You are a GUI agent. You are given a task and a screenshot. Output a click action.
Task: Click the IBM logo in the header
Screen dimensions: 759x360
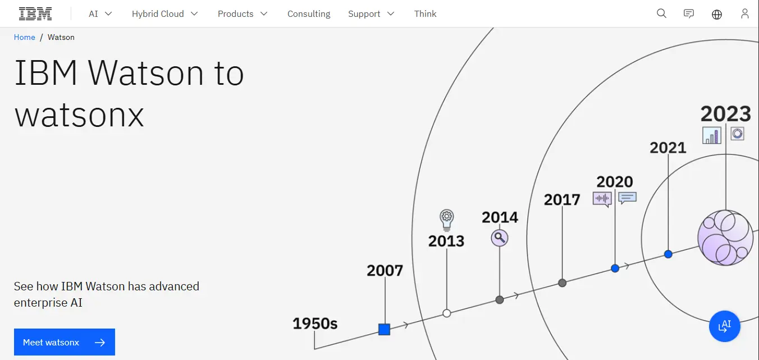coord(35,14)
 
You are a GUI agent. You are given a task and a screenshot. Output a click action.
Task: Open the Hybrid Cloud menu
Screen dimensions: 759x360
coord(164,14)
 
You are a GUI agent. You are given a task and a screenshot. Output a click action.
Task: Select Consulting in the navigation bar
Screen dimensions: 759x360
coord(309,14)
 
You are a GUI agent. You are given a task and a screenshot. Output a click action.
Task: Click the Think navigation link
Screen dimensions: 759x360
coord(425,14)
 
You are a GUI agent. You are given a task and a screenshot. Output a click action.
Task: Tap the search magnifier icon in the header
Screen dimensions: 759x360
coord(661,13)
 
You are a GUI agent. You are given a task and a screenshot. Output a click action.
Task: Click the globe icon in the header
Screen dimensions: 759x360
coord(717,14)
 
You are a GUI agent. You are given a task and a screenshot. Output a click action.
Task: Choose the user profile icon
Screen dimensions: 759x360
coord(745,14)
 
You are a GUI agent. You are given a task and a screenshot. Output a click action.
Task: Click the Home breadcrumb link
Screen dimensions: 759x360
coord(24,37)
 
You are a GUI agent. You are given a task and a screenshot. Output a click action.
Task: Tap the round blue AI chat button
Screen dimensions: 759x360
coord(724,326)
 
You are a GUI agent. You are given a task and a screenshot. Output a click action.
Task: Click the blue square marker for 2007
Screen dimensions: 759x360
coord(384,329)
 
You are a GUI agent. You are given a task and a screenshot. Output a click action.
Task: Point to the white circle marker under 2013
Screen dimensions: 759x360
coord(447,313)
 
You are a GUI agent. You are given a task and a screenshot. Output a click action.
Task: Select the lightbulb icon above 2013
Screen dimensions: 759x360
coord(447,220)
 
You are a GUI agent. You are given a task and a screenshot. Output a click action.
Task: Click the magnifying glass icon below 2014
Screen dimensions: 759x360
coord(500,238)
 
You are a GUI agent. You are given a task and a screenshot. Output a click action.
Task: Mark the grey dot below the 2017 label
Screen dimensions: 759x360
coord(562,282)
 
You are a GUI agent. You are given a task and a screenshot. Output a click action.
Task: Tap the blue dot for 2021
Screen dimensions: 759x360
coord(668,254)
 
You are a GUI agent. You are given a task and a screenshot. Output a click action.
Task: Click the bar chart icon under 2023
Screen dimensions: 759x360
coord(712,135)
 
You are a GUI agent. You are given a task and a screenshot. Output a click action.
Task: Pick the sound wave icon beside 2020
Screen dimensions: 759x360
coord(602,199)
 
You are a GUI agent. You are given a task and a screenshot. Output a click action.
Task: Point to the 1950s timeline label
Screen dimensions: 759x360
coord(315,323)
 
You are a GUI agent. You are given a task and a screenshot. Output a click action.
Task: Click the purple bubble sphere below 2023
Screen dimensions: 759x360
coord(725,238)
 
